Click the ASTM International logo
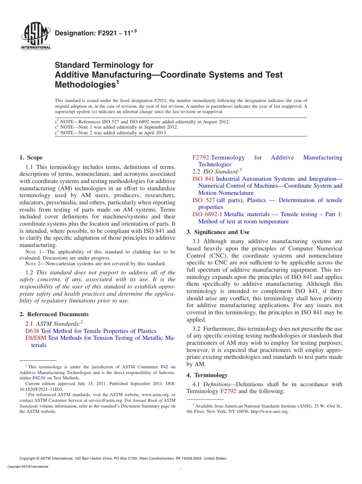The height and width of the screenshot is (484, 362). [x=35, y=37]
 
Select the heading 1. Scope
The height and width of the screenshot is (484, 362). [x=31, y=158]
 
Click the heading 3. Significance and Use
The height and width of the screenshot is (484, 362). [x=218, y=232]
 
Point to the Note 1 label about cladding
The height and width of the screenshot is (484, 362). [x=35, y=252]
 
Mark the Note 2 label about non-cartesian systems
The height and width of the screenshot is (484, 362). [x=35, y=264]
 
